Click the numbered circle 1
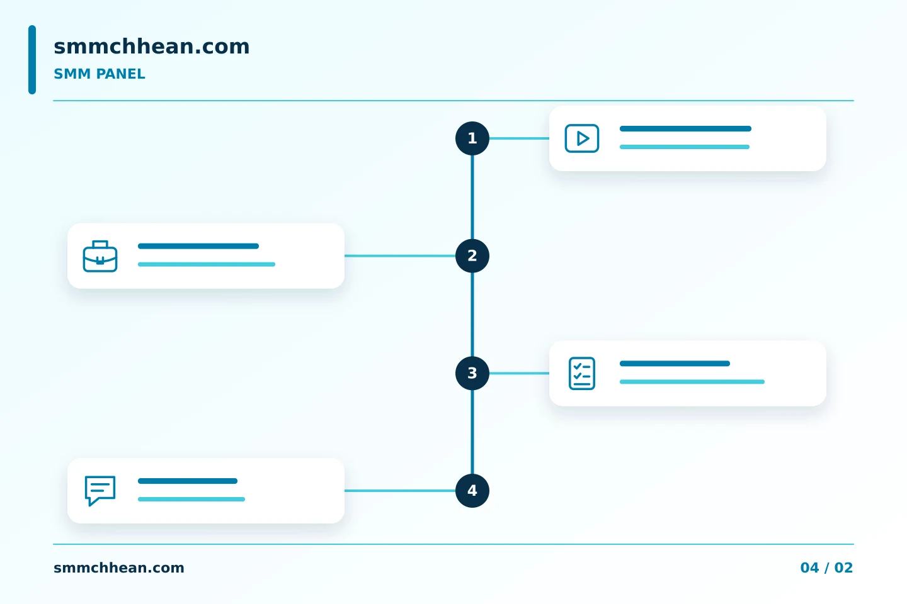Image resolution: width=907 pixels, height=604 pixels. (472, 138)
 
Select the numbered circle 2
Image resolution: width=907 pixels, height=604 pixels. (472, 255)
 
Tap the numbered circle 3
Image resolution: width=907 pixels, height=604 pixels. (472, 373)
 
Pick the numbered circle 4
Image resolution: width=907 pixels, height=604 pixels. (472, 491)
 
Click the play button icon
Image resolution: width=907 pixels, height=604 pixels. (582, 138)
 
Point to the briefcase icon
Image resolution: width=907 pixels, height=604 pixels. (100, 256)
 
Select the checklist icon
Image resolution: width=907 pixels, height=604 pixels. (582, 373)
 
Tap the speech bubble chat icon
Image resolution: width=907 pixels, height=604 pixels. (100, 491)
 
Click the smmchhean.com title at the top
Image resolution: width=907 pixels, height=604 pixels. (151, 46)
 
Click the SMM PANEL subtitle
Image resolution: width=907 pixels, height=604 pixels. (100, 74)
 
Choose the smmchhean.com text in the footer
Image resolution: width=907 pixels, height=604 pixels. (118, 568)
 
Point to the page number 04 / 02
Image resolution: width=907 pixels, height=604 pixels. (826, 568)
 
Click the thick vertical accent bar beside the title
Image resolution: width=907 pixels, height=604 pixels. (32, 60)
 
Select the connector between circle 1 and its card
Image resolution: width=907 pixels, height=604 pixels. (519, 138)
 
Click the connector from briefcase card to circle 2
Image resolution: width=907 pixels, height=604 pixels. (400, 255)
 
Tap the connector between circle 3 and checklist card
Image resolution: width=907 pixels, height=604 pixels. (519, 373)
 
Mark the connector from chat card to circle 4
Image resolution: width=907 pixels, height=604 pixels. (400, 491)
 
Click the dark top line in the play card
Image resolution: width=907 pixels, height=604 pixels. (685, 128)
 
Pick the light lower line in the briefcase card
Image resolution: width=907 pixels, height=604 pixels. (207, 264)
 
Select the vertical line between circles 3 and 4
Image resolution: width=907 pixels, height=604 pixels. (472, 432)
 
